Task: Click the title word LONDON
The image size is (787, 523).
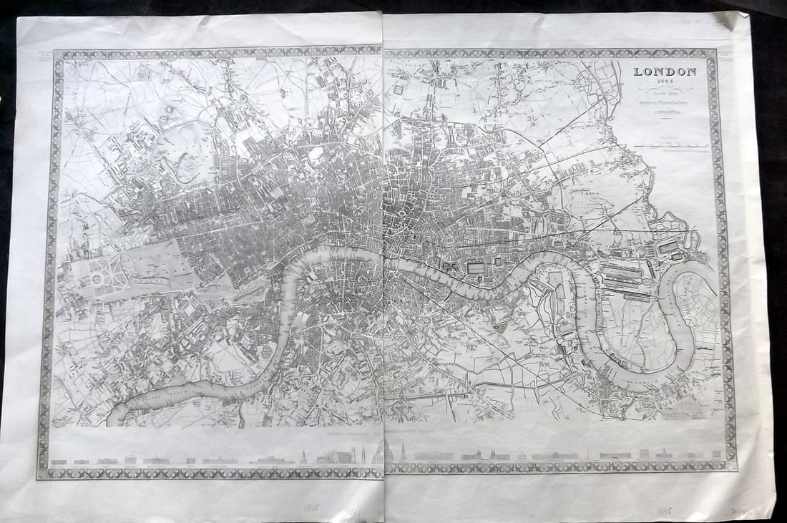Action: (x=663, y=71)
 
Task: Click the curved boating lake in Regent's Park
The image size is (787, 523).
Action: (x=179, y=168)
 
